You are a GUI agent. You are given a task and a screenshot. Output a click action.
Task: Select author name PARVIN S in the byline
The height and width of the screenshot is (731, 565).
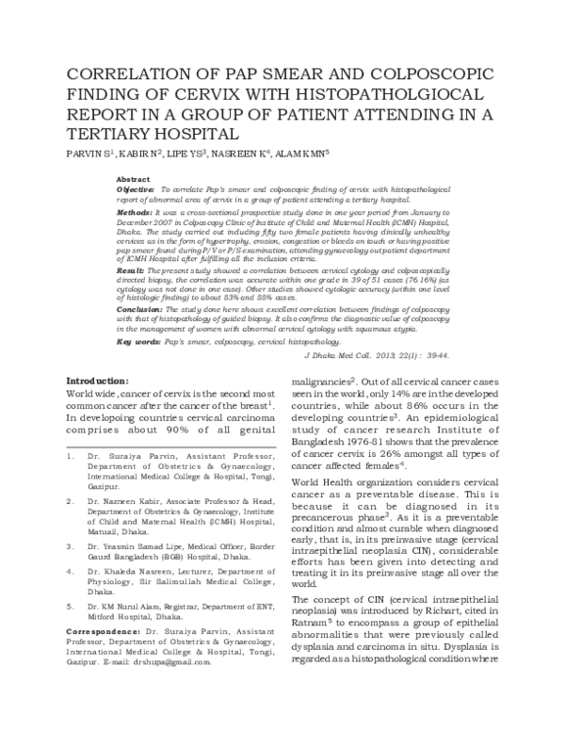point(86,153)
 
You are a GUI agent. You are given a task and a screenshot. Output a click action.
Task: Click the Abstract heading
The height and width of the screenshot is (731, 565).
point(134,179)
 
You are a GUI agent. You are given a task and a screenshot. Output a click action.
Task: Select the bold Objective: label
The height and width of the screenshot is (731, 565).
point(137,189)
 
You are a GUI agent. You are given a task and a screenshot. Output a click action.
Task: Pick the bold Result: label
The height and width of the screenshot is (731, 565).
point(132,269)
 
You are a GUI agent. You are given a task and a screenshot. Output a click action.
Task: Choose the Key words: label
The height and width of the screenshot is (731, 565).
point(139,341)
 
